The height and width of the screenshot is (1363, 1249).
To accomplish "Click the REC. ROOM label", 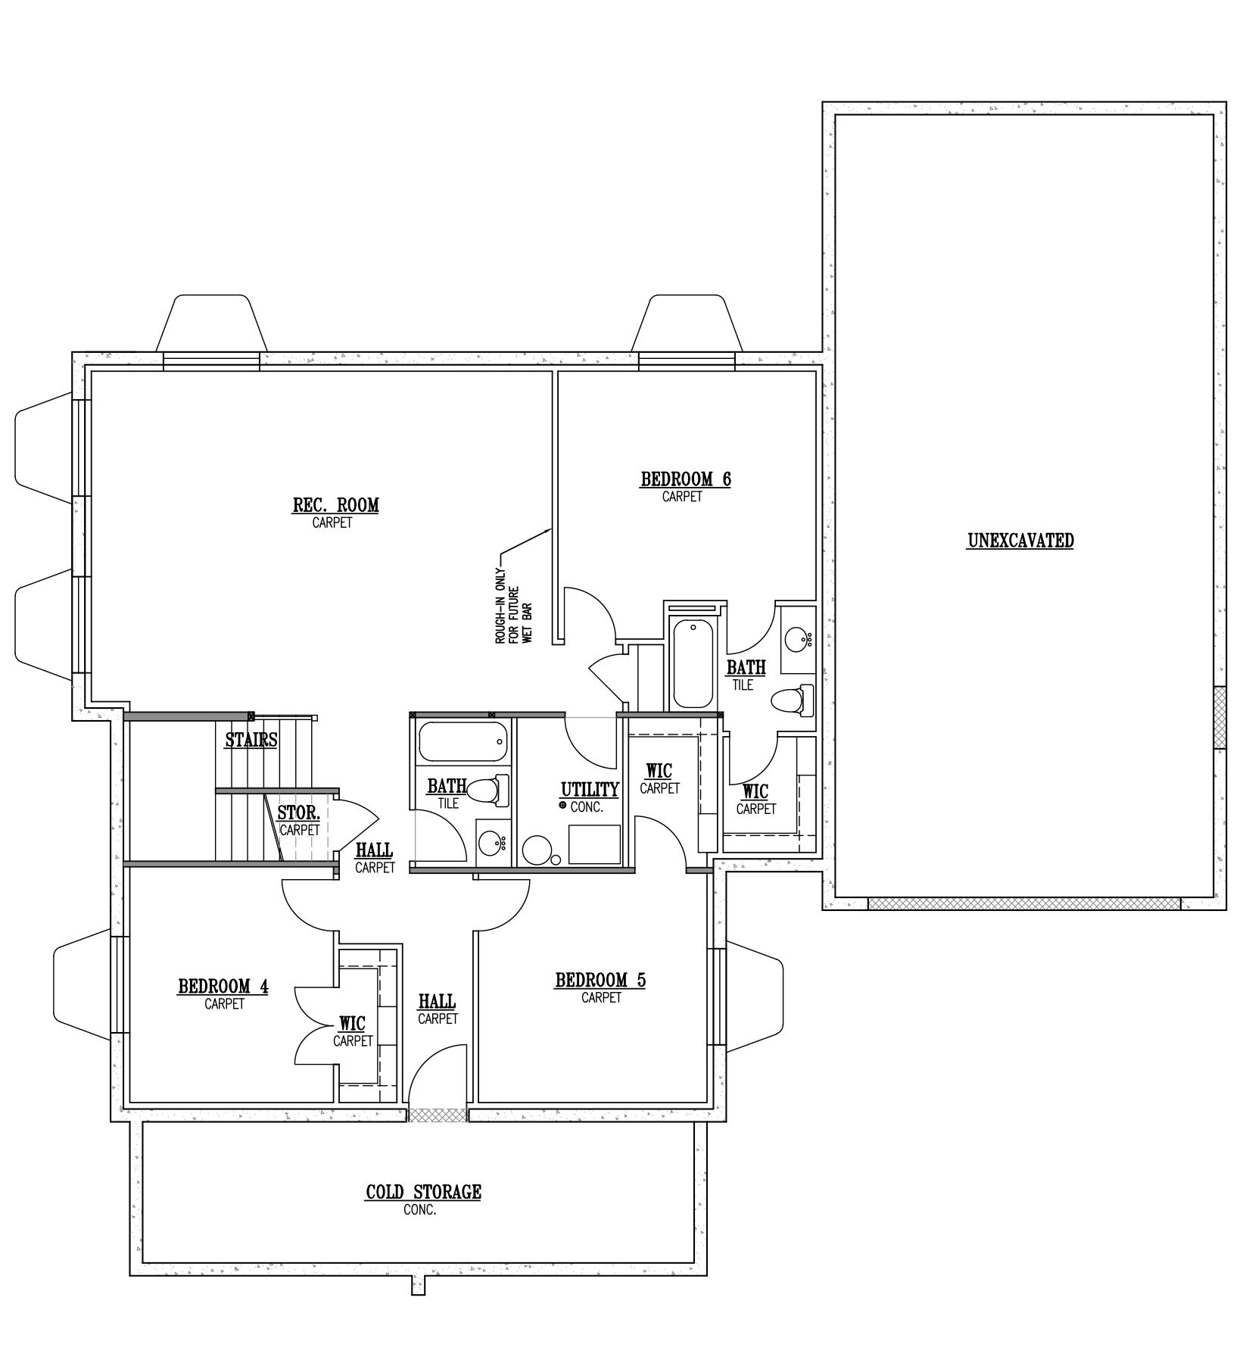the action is (335, 505).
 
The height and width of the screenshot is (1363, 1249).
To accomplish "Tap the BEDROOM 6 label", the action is (686, 479).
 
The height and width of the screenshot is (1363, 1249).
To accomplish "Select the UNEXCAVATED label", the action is (1020, 541).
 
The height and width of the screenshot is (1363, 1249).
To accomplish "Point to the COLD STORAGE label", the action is (423, 1192).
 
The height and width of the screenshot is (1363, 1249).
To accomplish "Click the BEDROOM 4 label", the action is (223, 987).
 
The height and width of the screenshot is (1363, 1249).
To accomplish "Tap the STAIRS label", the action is (251, 740).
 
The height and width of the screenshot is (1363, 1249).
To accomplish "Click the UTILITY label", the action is (590, 790).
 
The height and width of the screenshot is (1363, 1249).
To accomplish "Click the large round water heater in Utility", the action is (538, 850).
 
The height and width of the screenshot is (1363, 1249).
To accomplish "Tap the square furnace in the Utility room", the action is (594, 845).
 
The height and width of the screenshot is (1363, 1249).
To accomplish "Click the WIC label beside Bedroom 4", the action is (352, 1025).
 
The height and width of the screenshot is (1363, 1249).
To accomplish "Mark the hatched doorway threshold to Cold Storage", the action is (438, 1115).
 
